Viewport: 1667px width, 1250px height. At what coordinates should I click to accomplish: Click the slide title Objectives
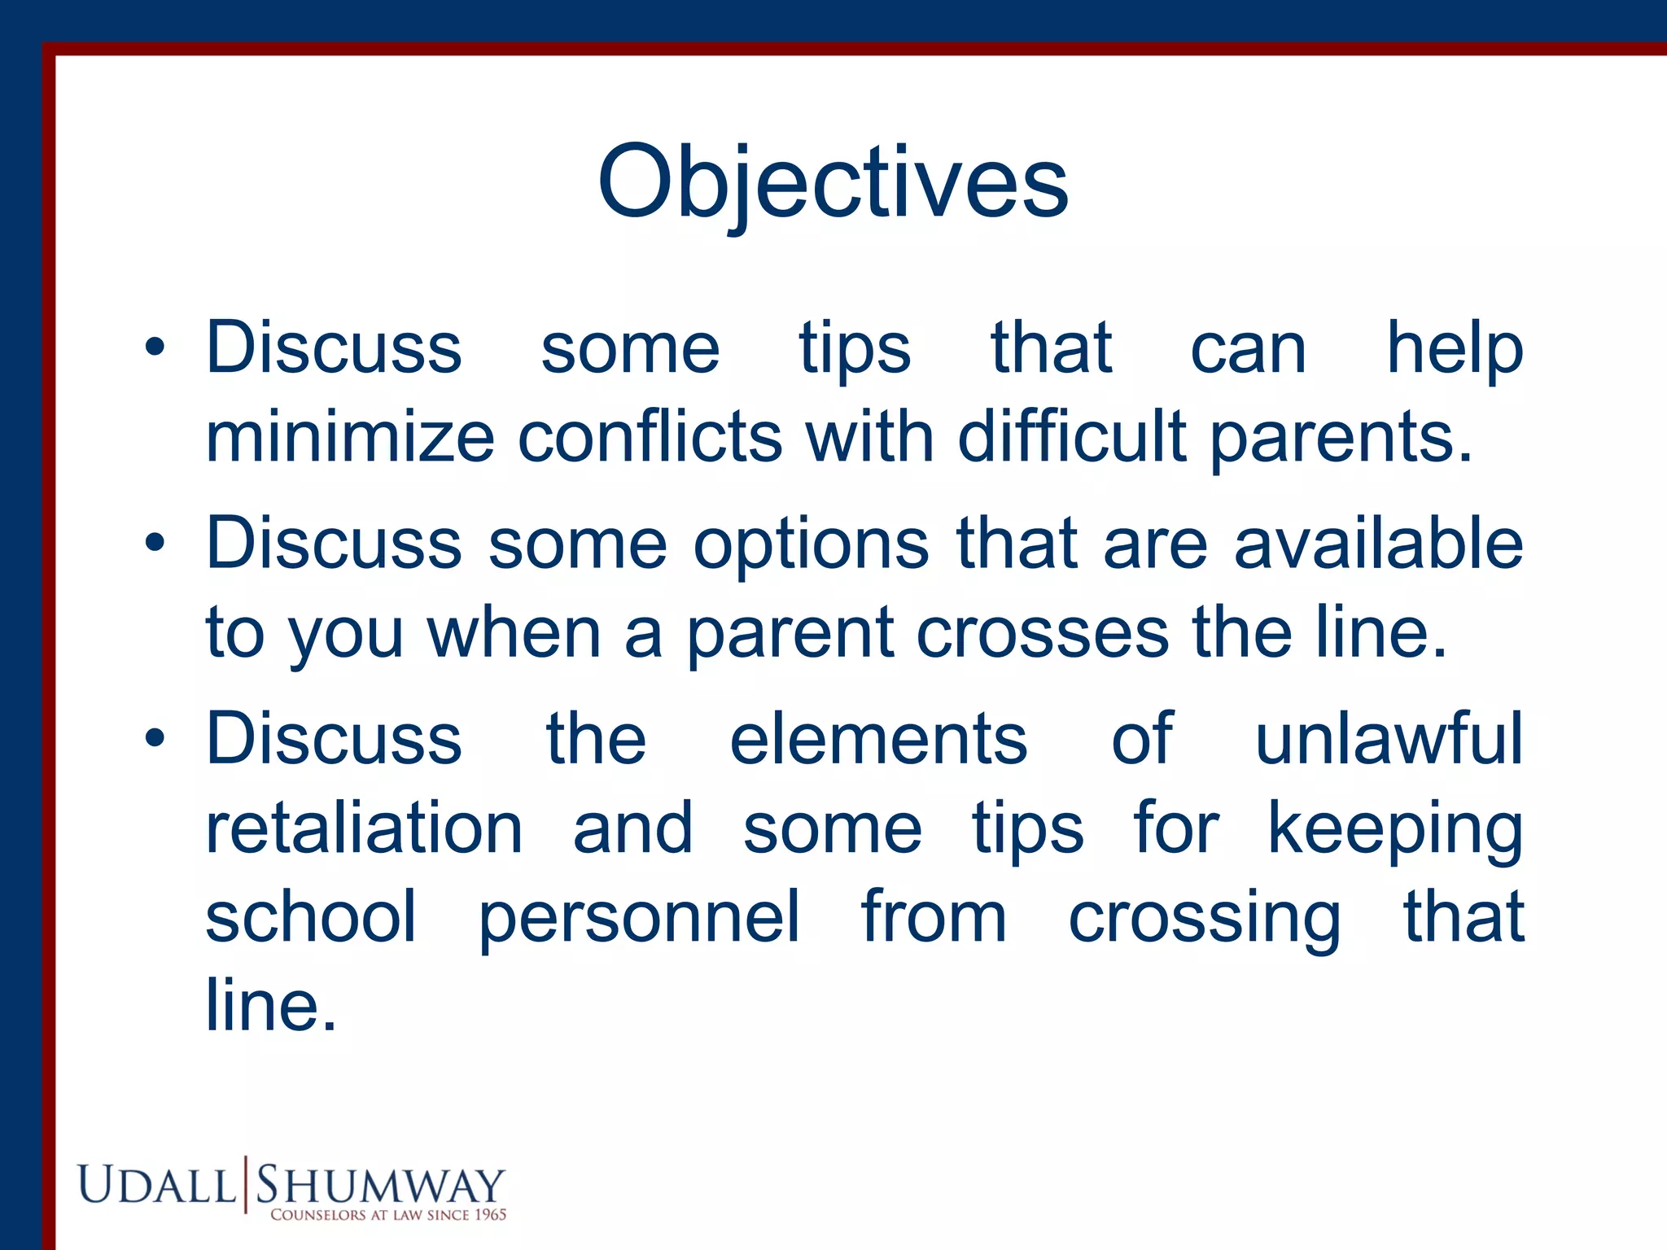point(832,182)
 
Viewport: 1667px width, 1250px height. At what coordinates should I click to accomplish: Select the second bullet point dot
point(155,544)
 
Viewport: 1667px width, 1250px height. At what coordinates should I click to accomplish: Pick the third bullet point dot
point(155,739)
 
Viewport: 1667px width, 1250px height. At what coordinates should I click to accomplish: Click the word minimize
point(350,437)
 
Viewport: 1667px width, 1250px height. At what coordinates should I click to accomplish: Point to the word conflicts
point(650,437)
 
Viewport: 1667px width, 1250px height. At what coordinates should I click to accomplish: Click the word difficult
point(1072,437)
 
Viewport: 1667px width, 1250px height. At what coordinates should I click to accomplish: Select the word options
point(811,544)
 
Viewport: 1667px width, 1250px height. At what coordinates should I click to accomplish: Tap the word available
point(1378,544)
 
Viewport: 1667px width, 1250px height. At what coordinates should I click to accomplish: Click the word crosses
point(1042,633)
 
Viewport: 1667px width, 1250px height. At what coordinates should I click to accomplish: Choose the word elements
point(878,739)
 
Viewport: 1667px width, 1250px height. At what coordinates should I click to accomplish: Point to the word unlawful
point(1389,739)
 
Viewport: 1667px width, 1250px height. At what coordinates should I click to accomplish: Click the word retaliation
point(364,828)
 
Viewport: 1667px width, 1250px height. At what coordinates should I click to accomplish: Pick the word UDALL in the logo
point(156,1185)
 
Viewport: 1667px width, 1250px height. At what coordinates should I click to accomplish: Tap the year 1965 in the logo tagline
point(490,1215)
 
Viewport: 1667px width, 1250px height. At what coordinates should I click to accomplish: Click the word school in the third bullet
point(311,918)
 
